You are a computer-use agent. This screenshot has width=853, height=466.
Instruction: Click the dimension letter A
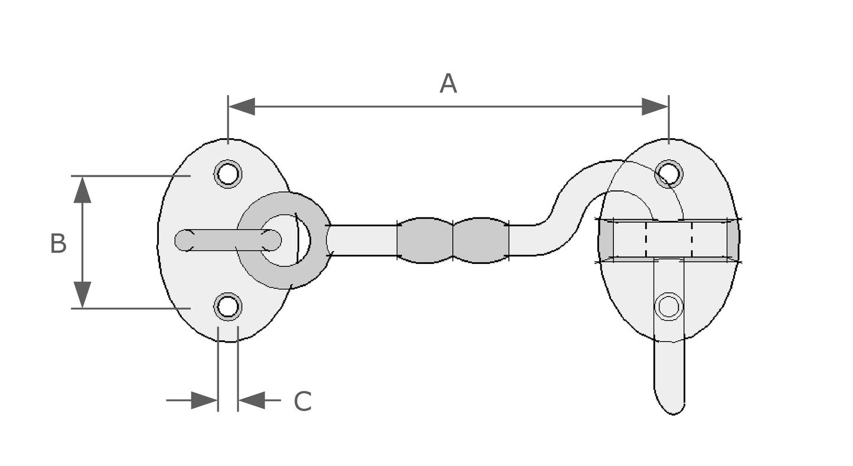(x=448, y=84)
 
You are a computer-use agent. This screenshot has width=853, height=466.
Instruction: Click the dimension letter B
(x=58, y=244)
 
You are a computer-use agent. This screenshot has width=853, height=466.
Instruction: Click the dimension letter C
(x=302, y=402)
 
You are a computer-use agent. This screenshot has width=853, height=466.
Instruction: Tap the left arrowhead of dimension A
(x=241, y=107)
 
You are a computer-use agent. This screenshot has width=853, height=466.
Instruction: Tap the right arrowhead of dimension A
(x=655, y=107)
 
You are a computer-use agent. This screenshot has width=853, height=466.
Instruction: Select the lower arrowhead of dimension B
(x=83, y=295)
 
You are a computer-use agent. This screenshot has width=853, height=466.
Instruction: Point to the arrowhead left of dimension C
(x=204, y=400)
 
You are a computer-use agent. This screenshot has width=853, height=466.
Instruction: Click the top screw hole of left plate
(x=228, y=174)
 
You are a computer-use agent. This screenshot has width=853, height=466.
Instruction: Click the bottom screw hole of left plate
(x=228, y=307)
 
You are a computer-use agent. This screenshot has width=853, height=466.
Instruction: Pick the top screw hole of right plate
(x=669, y=174)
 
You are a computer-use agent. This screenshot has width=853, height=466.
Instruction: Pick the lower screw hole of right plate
(x=669, y=307)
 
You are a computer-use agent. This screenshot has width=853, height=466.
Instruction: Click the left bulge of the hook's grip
(x=424, y=240)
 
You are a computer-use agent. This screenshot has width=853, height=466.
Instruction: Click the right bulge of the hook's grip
(x=481, y=240)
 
